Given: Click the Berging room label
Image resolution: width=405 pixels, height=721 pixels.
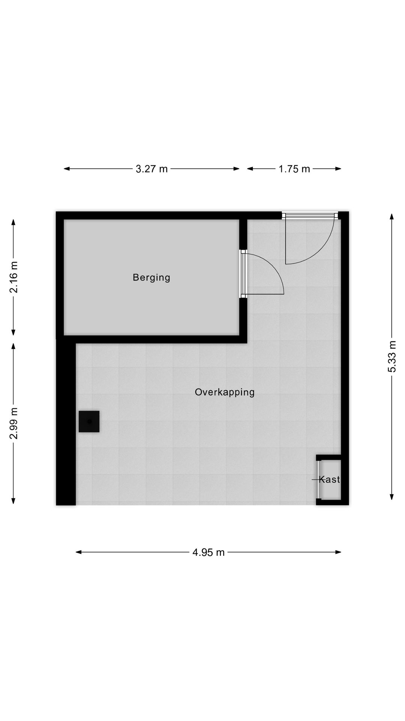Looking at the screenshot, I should [x=151, y=278].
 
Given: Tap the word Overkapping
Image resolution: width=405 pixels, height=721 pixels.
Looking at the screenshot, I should [x=225, y=392].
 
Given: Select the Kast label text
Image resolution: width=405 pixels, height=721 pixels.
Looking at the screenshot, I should [x=330, y=479].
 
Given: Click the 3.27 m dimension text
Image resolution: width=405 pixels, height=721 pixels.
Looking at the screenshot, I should [x=151, y=169].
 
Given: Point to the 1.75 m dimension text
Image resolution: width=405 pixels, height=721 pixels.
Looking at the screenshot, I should [x=294, y=169].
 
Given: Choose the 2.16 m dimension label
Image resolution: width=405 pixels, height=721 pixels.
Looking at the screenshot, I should [x=14, y=277].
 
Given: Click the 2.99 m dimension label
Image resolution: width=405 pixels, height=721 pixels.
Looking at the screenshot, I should [x=14, y=423].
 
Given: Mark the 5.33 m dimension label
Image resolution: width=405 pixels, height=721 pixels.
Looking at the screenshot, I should [x=392, y=356].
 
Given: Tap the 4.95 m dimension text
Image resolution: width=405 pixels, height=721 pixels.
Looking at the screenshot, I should [x=208, y=552].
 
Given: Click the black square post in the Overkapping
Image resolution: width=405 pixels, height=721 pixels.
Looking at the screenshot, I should [x=89, y=421].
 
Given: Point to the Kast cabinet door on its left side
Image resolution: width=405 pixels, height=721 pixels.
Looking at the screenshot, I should [x=319, y=480].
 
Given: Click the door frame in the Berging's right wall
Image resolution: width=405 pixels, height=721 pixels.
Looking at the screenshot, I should [x=243, y=274].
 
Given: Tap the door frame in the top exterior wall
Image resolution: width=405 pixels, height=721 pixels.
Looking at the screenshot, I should [x=310, y=215].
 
